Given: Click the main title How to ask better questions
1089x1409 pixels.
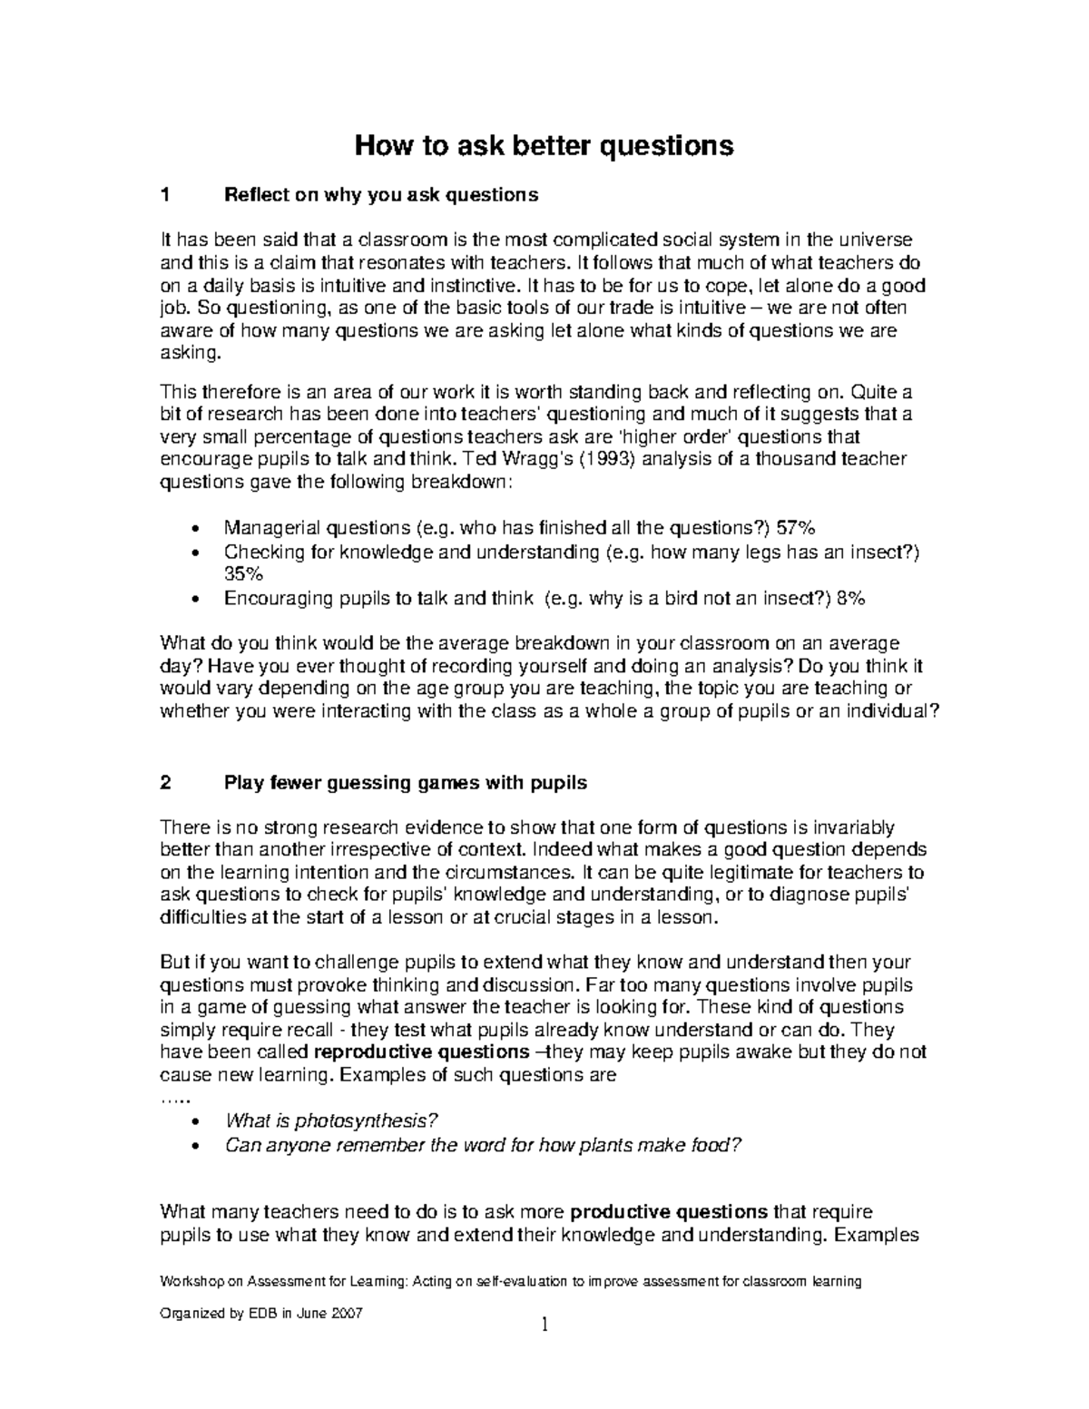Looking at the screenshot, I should pos(544,145).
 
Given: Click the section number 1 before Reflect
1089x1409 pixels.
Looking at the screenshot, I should pos(164,195).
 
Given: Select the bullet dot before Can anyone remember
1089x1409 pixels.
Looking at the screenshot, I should pos(197,1146).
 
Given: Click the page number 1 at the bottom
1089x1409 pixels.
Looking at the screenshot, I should pos(544,1326).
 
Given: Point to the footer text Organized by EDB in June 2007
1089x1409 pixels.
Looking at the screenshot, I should pos(260,1313).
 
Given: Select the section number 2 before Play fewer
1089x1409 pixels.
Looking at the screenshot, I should pos(164,782).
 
